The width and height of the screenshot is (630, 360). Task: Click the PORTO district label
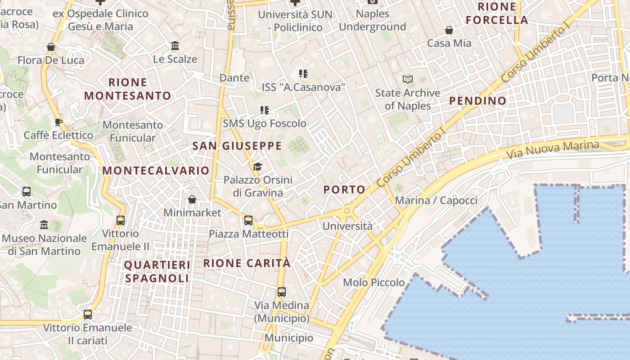click(x=344, y=190)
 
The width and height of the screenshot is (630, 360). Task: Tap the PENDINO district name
click(x=478, y=101)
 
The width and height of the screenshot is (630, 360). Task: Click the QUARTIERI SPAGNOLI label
click(x=157, y=271)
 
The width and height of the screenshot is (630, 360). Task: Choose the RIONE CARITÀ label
click(x=247, y=263)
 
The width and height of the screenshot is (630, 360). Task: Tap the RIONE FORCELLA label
click(x=497, y=13)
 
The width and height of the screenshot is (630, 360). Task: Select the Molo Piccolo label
click(x=374, y=283)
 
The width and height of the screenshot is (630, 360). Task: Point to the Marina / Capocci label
click(x=436, y=201)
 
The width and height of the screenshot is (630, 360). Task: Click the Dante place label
click(x=234, y=78)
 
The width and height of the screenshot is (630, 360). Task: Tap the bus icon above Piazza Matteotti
click(x=248, y=220)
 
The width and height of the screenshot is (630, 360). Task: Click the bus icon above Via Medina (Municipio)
click(x=282, y=292)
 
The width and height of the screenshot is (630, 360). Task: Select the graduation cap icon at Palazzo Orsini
click(x=257, y=167)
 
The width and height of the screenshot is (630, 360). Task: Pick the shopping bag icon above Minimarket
click(x=192, y=199)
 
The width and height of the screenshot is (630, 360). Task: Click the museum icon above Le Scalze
click(x=175, y=46)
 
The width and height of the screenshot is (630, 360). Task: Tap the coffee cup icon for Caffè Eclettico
click(x=58, y=122)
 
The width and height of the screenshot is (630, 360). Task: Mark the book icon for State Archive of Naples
click(x=408, y=80)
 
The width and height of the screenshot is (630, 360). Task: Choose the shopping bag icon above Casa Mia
click(x=449, y=30)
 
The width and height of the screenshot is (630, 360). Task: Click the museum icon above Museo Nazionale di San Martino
click(x=44, y=225)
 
